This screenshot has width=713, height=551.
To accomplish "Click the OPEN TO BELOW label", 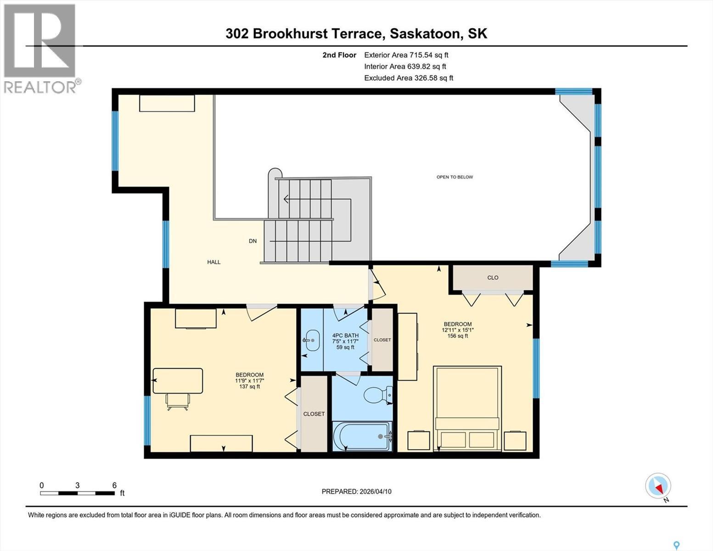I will pos(455,177).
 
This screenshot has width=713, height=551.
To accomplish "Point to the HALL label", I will pos(214,262).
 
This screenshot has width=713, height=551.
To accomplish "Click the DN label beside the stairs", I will pos(253,241).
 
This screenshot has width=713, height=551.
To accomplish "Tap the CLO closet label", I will pos(493,278).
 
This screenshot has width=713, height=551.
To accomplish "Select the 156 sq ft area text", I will pos(458,336).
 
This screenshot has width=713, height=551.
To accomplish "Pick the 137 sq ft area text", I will pos(250,387).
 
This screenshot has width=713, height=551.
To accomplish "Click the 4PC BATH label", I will pos(345,335).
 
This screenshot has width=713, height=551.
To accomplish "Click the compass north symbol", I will pos(658,486).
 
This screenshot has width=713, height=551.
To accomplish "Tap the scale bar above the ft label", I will pos(77,493).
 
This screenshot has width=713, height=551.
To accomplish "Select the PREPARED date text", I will pos(357,491).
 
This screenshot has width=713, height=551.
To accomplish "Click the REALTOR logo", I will pos(40,48).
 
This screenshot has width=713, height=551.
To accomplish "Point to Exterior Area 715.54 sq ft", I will pos(406,55).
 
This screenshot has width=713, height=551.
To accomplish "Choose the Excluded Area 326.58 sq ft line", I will pos(409,78).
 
